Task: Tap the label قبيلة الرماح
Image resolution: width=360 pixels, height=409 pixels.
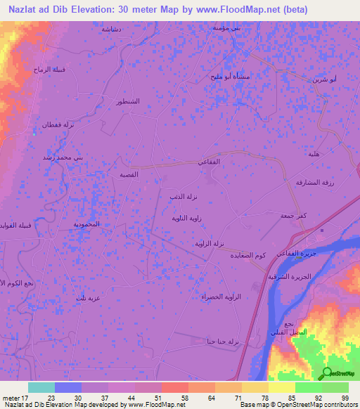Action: click(49, 69)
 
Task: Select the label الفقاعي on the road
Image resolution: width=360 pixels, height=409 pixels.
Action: click(211, 162)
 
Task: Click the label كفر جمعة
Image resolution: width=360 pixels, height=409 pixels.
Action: click(294, 215)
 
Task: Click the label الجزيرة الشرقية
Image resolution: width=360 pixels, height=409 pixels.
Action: click(288, 277)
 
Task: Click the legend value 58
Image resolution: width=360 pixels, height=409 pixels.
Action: click(173, 397)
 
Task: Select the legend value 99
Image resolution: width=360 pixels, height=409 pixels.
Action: click(345, 397)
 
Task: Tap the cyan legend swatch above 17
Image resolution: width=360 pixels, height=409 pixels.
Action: click(41, 387)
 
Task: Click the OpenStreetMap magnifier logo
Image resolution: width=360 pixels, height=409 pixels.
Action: click(328, 373)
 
